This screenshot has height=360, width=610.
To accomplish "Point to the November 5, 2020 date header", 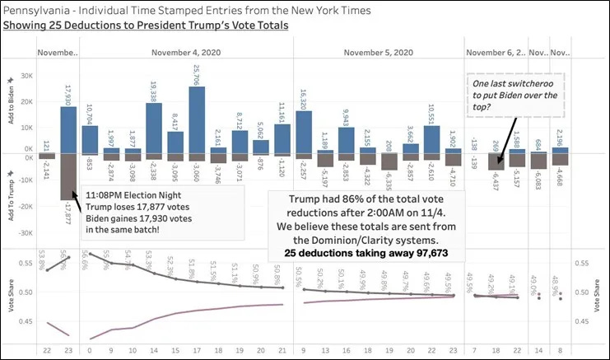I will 377,53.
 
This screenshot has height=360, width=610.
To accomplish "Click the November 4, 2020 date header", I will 186,53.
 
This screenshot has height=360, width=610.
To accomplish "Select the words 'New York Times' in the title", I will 329,10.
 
